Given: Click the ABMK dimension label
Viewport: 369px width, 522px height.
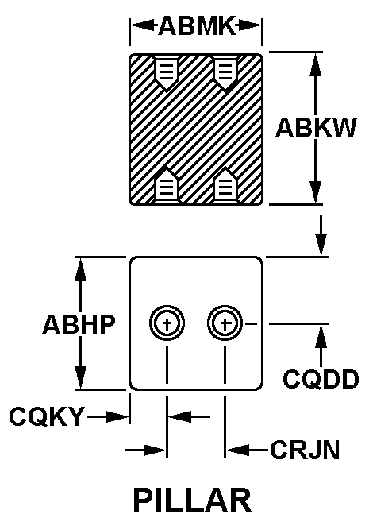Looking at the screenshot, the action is point(197,25).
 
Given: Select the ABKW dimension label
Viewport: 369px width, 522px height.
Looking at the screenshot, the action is point(316,127).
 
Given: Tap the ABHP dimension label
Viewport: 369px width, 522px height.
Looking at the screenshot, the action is point(79,324).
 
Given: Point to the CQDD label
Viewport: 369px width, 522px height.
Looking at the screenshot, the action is point(321,379).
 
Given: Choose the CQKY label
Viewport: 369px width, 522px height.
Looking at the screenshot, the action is point(47,416).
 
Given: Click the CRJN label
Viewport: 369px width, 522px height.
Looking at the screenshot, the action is point(305,450).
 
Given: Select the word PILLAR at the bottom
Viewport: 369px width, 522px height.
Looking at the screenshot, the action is point(193,500).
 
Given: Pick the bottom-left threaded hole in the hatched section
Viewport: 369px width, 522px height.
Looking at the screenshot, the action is point(166,185).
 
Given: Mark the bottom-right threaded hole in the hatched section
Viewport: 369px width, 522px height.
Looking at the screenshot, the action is point(225,185).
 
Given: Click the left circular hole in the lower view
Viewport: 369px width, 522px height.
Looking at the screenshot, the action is point(167,323).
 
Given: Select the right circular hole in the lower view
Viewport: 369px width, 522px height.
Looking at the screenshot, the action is point(225,323).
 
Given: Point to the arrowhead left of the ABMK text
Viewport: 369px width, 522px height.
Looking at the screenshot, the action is point(142,25).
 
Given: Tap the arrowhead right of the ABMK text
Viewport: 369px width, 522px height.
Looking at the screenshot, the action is point(250,25).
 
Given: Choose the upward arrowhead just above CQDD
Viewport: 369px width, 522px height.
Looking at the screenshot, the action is point(321,335).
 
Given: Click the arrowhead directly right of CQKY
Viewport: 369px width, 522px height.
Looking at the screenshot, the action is point(117,416).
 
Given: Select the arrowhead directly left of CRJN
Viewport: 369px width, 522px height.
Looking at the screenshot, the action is point(237,450).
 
